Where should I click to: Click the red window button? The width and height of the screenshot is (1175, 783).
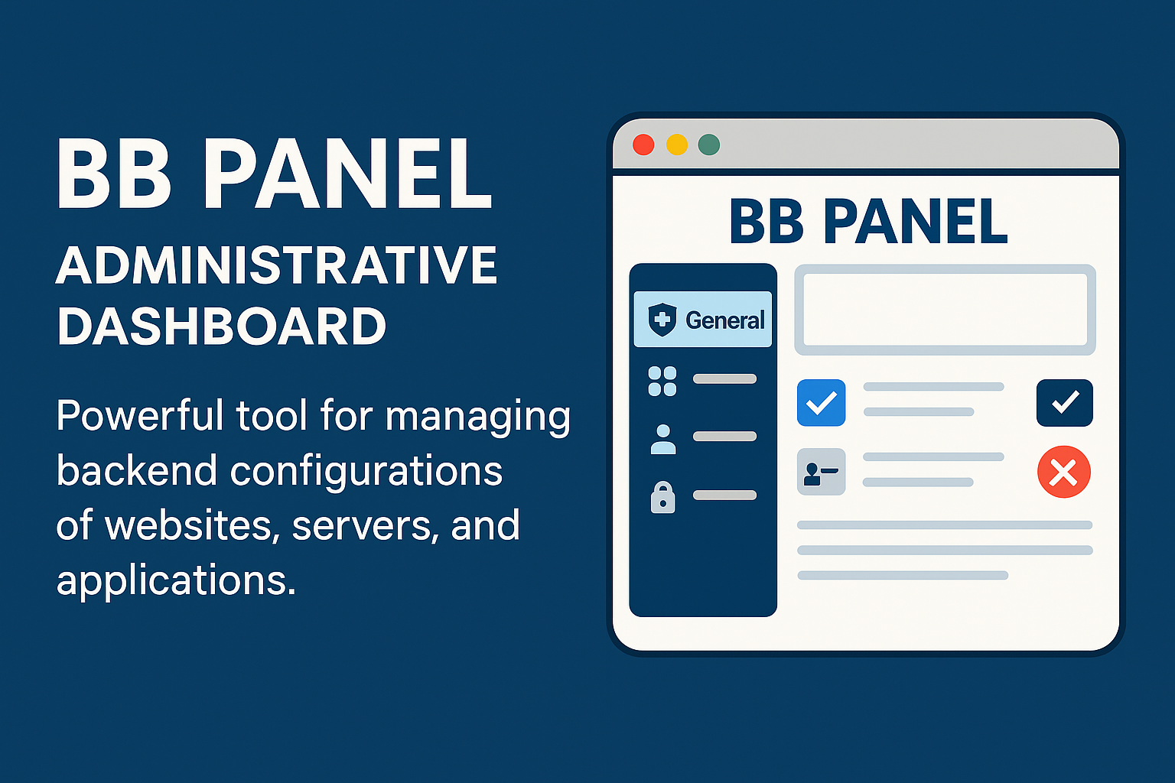[x=643, y=145]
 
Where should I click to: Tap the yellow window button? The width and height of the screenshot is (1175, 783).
[x=677, y=145]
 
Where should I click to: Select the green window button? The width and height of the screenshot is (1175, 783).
[x=708, y=145]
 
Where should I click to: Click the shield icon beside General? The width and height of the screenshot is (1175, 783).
[x=662, y=320]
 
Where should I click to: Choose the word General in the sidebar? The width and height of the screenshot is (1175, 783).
[x=725, y=320]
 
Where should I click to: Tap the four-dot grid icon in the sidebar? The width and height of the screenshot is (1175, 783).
[x=662, y=382]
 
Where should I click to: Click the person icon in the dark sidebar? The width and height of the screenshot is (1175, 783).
[x=663, y=439]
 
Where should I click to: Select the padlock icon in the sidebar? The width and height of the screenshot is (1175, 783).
[x=663, y=497]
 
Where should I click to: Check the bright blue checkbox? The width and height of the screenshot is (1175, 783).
[x=821, y=403]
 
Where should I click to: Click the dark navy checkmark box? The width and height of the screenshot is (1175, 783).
[x=1064, y=403]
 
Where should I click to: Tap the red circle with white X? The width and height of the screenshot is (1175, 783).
[x=1064, y=472]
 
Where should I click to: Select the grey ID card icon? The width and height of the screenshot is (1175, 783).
[x=821, y=472]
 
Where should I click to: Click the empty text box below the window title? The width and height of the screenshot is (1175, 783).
[x=945, y=310]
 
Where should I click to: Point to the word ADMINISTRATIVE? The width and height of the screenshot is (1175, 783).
[x=276, y=265]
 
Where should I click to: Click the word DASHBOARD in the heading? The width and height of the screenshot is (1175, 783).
[x=221, y=327]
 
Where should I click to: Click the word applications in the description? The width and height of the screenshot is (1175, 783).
[x=176, y=581]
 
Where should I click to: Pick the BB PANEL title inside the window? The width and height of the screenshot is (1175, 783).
[x=868, y=221]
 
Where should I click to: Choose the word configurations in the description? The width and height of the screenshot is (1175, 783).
[x=366, y=471]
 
